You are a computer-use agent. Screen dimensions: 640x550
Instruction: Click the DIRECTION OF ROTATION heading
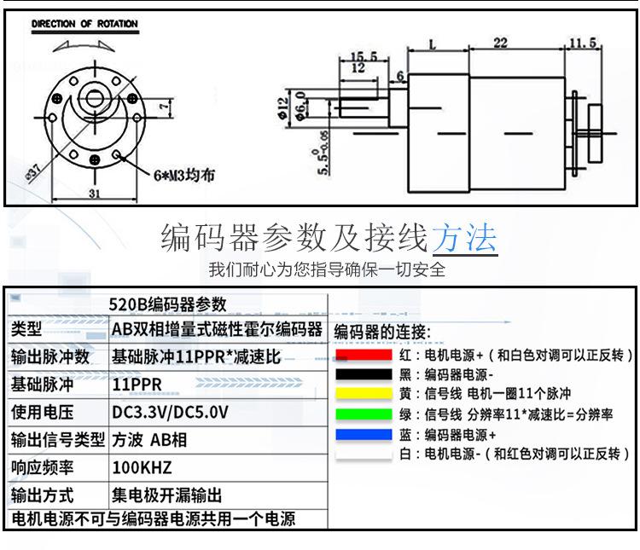point(84,24)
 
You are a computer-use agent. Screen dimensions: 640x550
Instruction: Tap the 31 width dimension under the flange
point(94,193)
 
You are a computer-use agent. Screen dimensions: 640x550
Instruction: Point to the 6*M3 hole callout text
point(184,176)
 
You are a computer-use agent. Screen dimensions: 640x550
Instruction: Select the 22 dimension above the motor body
point(500,43)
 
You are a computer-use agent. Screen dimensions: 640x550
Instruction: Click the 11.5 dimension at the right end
point(583,43)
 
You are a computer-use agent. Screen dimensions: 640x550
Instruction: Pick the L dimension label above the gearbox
point(433,44)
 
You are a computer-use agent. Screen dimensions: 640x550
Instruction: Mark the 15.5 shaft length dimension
point(364,56)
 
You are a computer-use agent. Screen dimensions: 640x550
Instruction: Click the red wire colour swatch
point(364,355)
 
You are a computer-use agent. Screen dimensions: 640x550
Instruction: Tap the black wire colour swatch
point(364,374)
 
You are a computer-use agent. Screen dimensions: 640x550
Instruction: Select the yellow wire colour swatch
point(364,394)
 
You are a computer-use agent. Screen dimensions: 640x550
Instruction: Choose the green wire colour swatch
point(364,414)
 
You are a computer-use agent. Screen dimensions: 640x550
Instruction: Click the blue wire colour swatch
point(364,434)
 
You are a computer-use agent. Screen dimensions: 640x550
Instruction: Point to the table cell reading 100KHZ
point(142,467)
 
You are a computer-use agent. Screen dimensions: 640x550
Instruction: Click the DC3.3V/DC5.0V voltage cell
point(170,413)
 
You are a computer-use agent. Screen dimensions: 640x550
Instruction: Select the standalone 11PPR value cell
point(137,385)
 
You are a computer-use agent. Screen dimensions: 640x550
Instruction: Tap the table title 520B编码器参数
point(167,304)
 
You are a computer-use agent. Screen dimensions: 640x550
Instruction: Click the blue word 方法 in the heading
point(464,237)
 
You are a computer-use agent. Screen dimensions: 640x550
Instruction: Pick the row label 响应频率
point(42,467)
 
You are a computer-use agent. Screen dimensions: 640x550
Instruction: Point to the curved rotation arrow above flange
point(84,44)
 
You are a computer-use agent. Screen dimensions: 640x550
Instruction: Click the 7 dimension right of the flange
point(164,107)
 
